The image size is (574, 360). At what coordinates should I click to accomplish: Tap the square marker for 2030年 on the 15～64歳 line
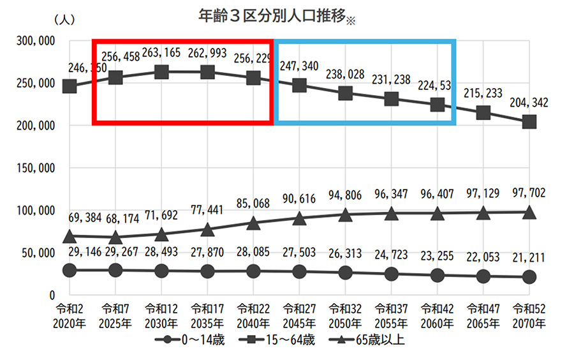tap(161, 72)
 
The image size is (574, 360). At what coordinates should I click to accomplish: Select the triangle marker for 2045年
tap(300, 218)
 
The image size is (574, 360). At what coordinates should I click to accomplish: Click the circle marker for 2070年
tap(529, 277)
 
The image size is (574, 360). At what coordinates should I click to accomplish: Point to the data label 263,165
tap(161, 53)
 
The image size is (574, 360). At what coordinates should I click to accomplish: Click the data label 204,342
tap(529, 102)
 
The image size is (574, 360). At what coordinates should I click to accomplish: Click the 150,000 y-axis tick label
tap(36, 168)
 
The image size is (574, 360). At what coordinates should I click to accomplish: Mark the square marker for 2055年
tap(392, 99)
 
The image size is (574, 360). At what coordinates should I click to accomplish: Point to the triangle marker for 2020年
tap(70, 237)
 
